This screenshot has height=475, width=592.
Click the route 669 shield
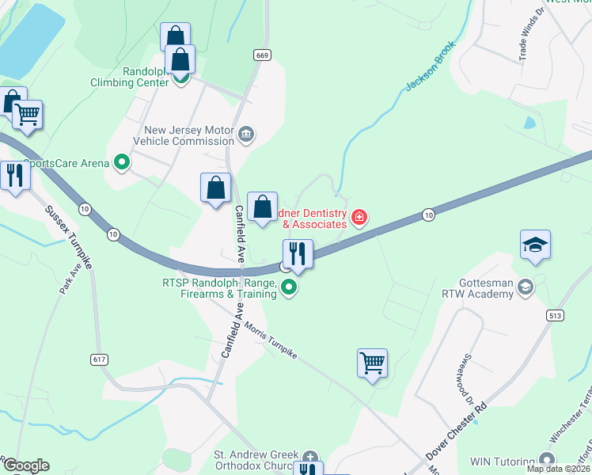pyautogui.click(x=263, y=55)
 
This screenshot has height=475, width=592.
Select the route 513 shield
pyautogui.click(x=554, y=315)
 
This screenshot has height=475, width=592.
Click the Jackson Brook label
pyautogui.click(x=431, y=66)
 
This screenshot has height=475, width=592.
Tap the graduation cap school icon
pyautogui.click(x=535, y=245)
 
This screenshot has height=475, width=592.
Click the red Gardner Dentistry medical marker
pyautogui.click(x=359, y=217)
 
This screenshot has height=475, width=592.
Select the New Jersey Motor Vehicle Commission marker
pyautogui.click(x=246, y=134)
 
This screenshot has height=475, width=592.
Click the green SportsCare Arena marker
pyautogui.click(x=122, y=163)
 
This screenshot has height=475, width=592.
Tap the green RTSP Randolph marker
pyautogui.click(x=290, y=287)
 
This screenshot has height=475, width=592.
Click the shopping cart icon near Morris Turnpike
pyautogui.click(x=372, y=364)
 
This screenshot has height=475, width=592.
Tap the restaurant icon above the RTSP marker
pyautogui.click(x=298, y=254)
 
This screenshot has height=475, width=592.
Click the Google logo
pyautogui.click(x=25, y=465)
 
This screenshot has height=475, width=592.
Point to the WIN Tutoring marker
pyautogui.click(x=546, y=460)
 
